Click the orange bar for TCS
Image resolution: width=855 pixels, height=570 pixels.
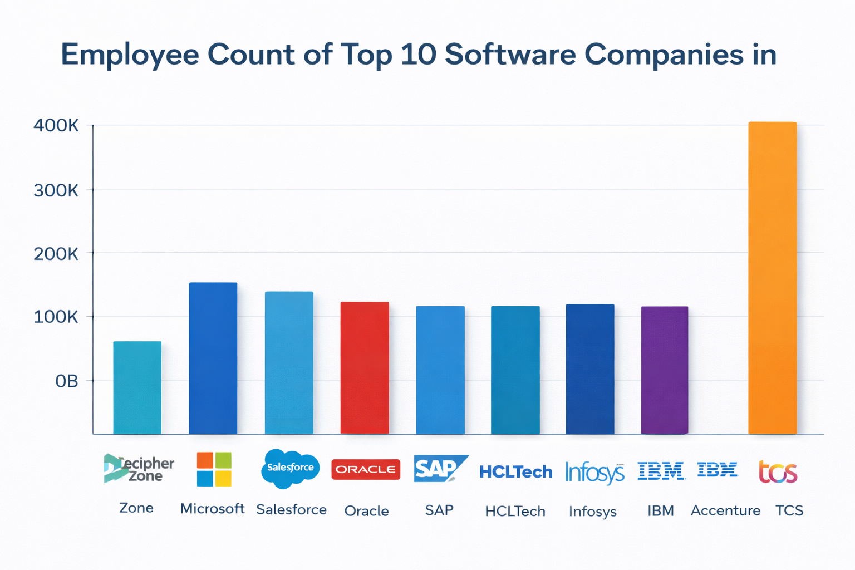click(x=772, y=278)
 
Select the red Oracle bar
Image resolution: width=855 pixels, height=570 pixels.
click(x=365, y=367)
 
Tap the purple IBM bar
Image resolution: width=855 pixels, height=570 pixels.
click(x=665, y=370)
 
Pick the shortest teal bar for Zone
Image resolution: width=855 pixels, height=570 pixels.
click(x=137, y=387)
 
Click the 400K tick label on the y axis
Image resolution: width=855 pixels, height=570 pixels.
click(x=56, y=126)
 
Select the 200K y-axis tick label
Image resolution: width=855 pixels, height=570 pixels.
click(x=56, y=254)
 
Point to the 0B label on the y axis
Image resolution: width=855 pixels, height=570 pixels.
click(x=66, y=381)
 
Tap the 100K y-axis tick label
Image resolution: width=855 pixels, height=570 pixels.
click(x=56, y=318)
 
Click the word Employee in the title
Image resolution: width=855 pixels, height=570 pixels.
click(x=130, y=55)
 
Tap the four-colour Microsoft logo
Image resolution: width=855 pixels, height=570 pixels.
click(x=214, y=469)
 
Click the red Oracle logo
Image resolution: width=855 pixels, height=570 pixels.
click(x=366, y=469)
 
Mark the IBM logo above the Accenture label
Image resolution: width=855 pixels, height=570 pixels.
click(x=717, y=470)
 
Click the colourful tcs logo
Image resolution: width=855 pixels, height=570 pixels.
click(x=778, y=472)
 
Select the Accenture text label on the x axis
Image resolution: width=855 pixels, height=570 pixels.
click(x=725, y=510)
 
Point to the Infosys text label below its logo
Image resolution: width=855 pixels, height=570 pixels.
click(x=592, y=512)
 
